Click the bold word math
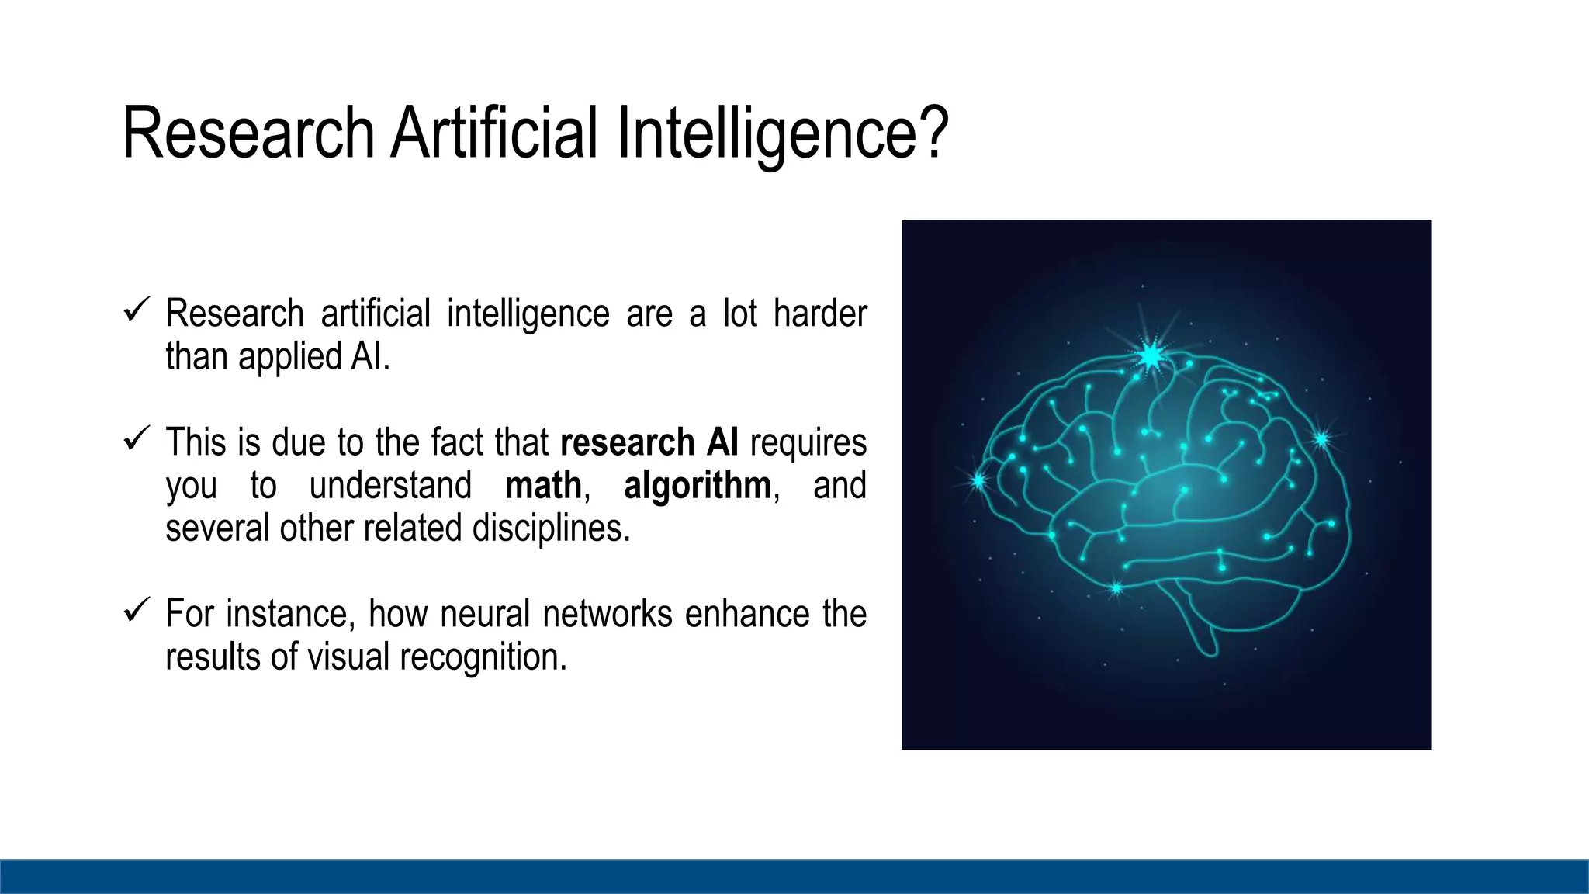(x=543, y=486)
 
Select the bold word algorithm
(x=697, y=486)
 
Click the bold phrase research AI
(x=649, y=442)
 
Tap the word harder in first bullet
(x=819, y=314)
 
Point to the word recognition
(x=483, y=657)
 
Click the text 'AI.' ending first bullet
(x=369, y=357)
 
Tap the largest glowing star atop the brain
(x=1150, y=355)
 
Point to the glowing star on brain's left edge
(x=978, y=481)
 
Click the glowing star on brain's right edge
(x=1321, y=439)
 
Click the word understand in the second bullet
(x=389, y=486)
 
